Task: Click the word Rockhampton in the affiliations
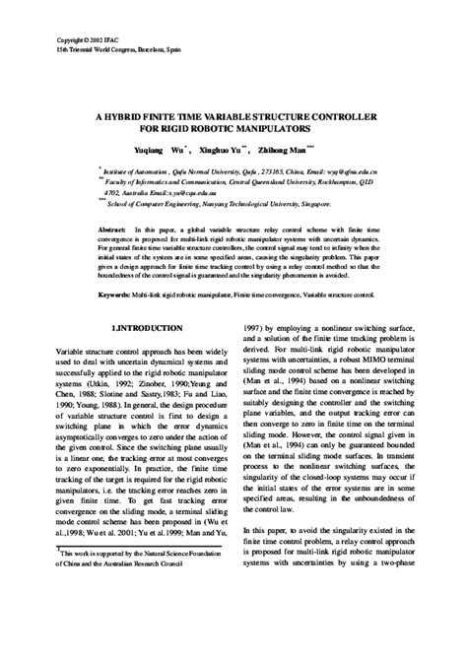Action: tap(359, 181)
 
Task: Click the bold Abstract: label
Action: tap(111, 228)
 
